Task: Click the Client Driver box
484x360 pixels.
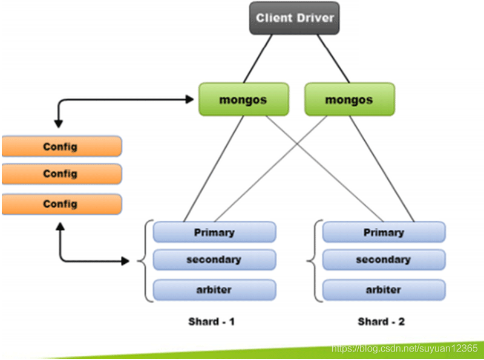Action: coord(294,18)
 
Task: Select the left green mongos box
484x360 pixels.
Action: coord(243,99)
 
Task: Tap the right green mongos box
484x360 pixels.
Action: coord(349,99)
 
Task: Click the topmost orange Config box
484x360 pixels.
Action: coord(60,147)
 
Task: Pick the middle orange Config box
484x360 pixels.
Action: coord(60,174)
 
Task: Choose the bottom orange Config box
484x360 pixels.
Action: coord(60,205)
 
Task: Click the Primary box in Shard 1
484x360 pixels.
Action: coord(214,232)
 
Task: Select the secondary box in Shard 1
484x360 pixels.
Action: coord(214,260)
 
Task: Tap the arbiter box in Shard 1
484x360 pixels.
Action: coord(214,290)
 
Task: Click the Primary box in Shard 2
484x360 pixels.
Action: coord(384,232)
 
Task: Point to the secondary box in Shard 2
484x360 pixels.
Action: coord(384,260)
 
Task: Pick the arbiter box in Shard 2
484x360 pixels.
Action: coord(384,290)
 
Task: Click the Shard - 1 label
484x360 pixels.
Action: coord(211,321)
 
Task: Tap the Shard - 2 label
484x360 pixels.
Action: coord(381,321)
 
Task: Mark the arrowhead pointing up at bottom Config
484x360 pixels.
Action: coord(59,226)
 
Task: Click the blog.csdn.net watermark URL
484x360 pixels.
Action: coord(405,349)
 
